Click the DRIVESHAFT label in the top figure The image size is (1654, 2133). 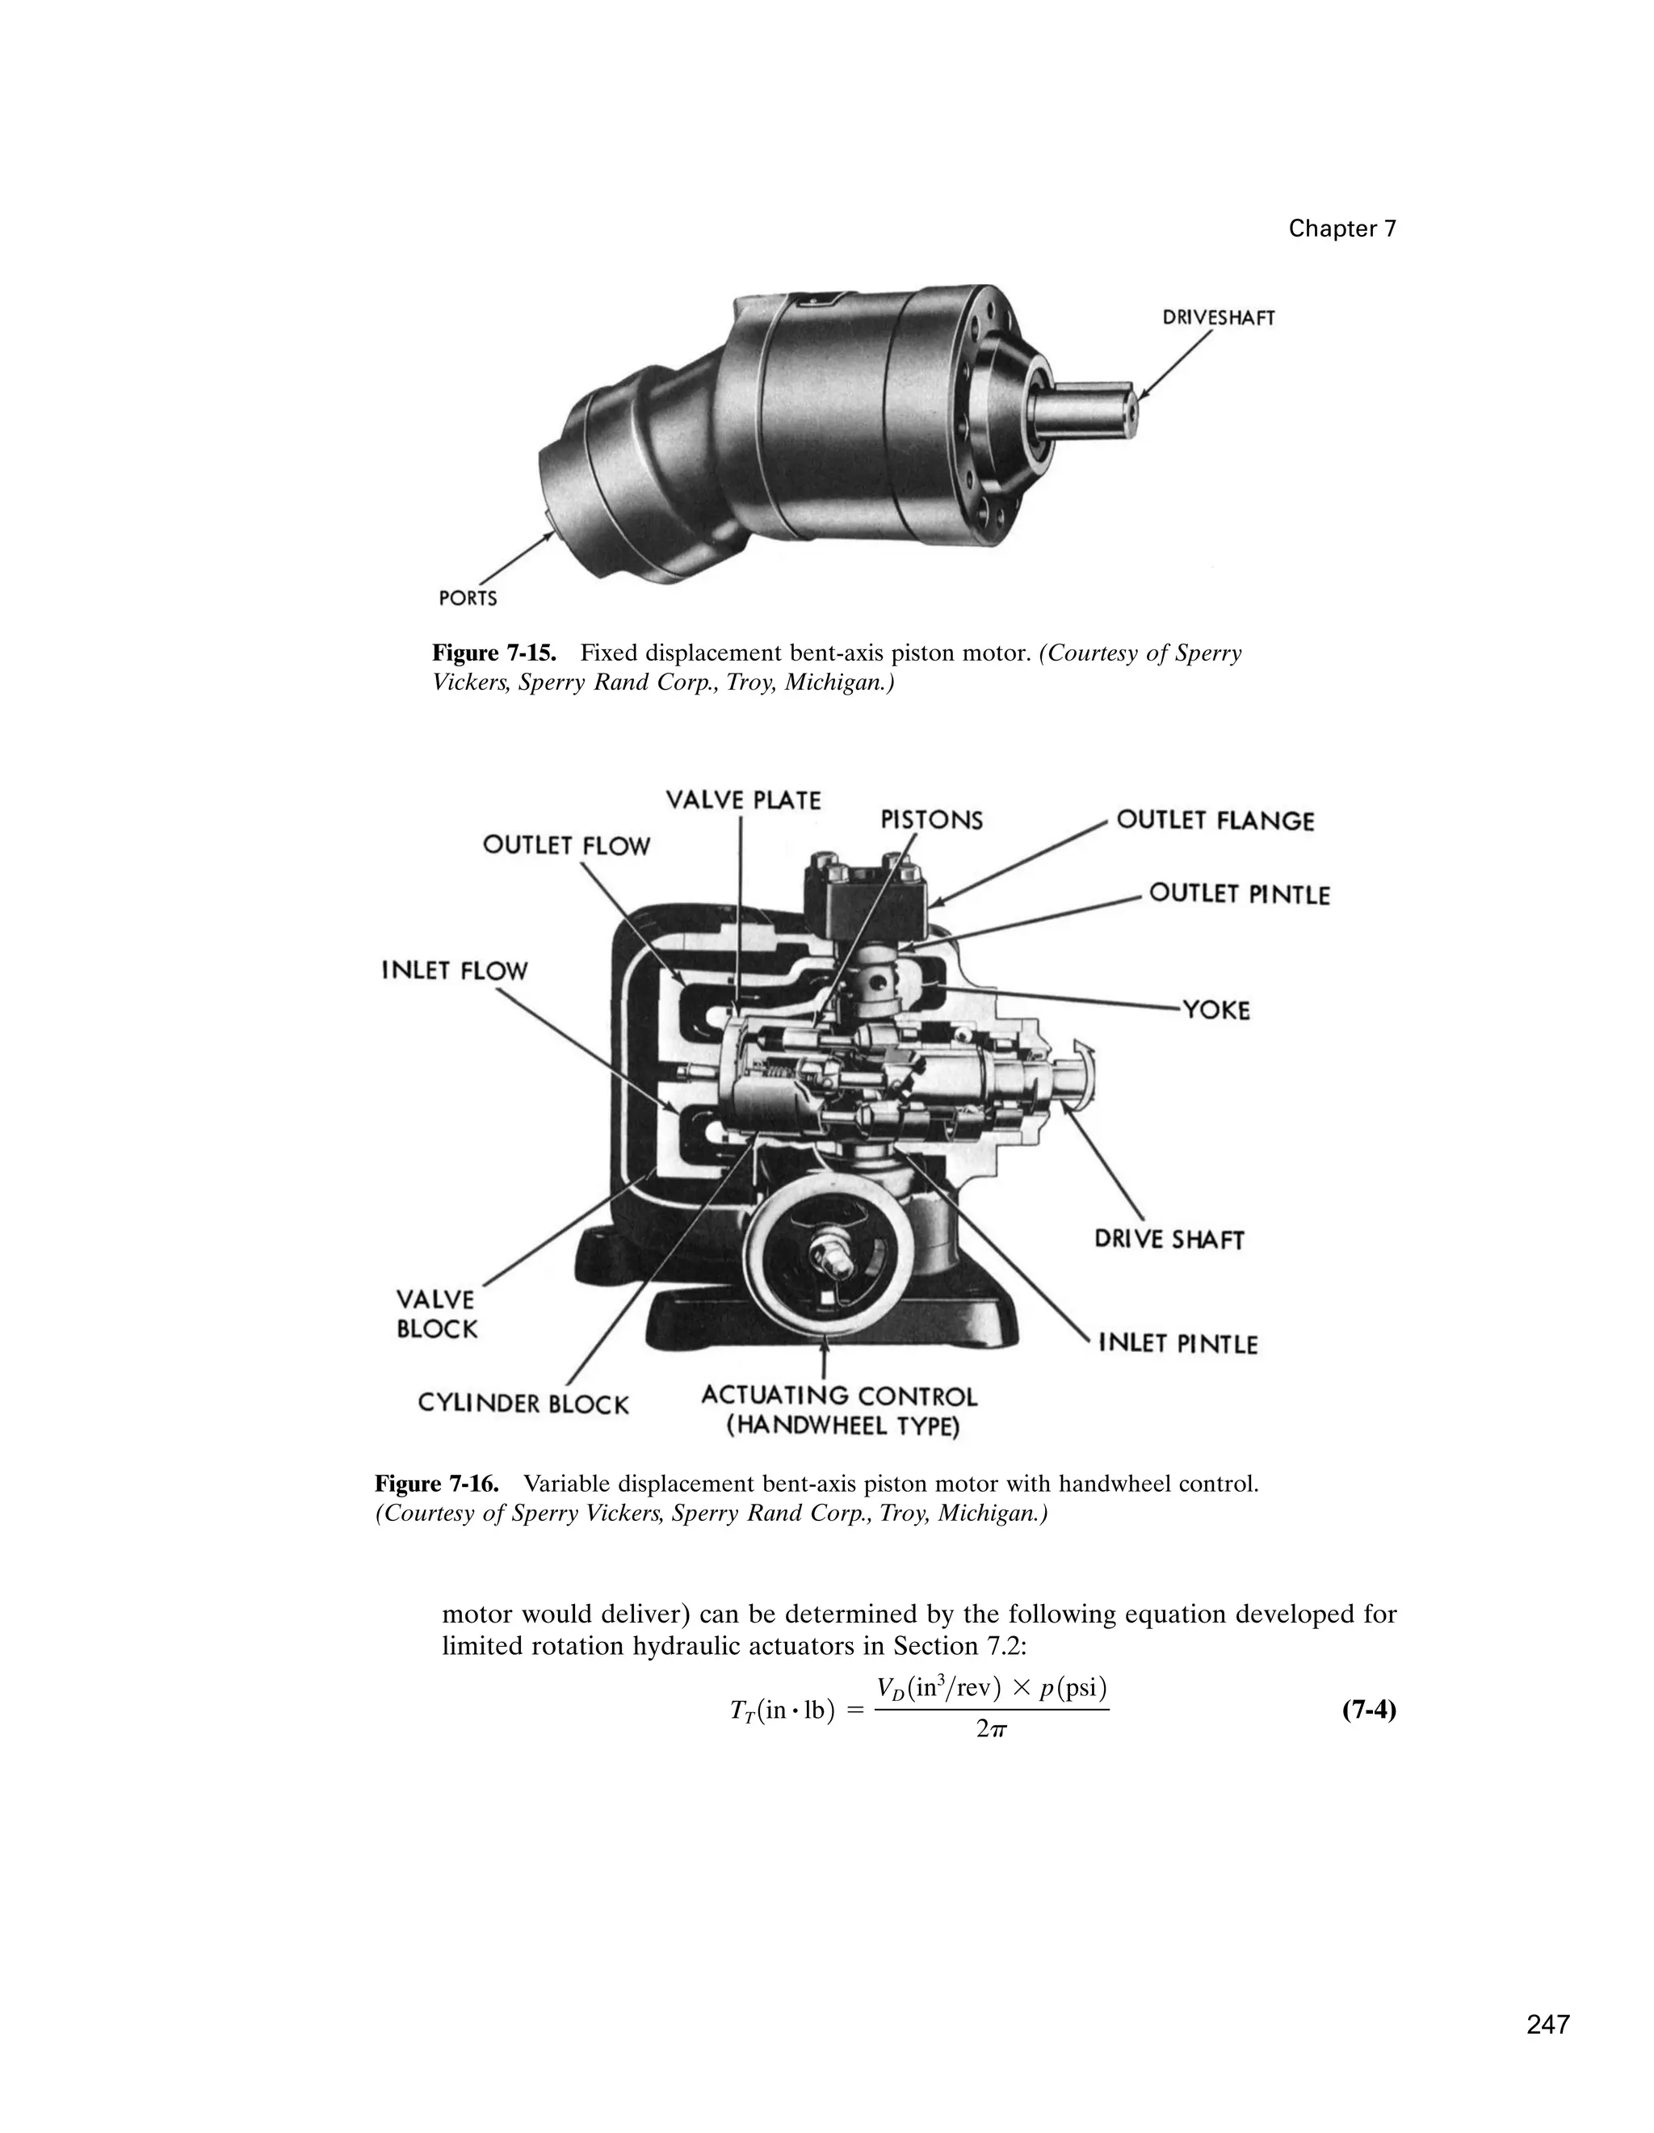1218,318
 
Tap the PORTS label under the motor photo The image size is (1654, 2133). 468,598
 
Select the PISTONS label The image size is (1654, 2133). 931,820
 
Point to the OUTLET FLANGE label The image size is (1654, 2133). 1215,821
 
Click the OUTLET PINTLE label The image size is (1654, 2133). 1239,893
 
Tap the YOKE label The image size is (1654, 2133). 1215,1010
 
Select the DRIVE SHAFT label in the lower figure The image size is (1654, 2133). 1169,1240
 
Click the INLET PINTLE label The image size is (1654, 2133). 1178,1344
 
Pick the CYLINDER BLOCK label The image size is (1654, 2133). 523,1404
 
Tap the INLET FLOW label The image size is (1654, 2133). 454,971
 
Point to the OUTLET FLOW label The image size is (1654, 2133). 566,845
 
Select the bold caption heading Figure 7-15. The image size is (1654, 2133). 494,653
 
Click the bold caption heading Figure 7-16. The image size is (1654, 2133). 436,1484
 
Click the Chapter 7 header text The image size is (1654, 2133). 1341,229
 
